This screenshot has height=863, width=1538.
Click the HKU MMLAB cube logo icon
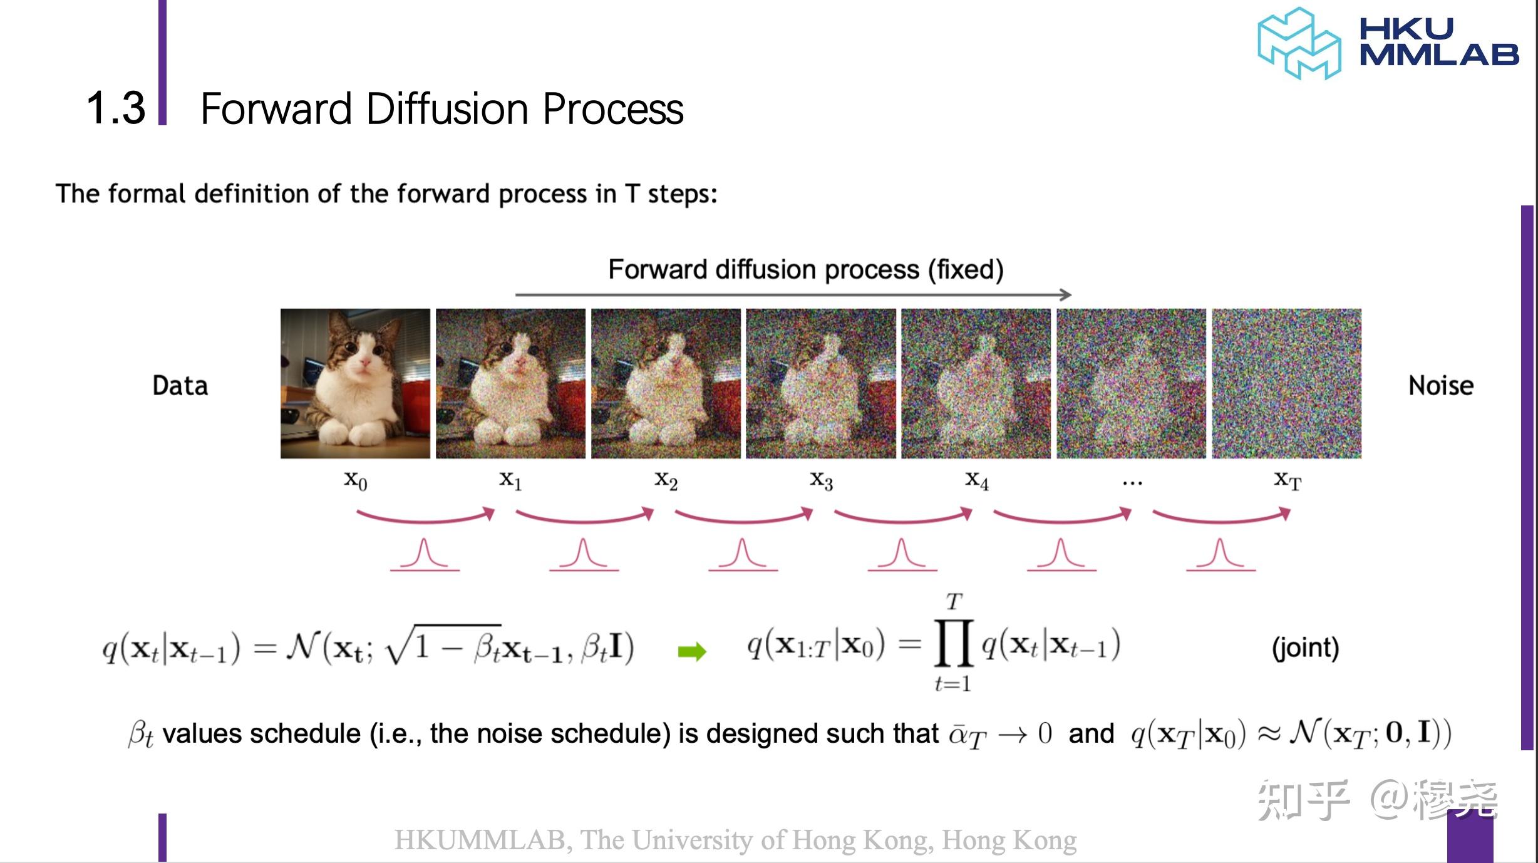[1299, 44]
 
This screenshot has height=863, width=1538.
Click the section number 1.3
[116, 108]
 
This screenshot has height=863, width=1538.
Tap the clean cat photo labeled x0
[355, 383]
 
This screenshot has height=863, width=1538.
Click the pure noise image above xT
[1286, 383]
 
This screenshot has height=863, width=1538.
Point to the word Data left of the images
[180, 386]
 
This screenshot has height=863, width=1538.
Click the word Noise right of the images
[1441, 386]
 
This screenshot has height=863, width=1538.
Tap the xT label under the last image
[1288, 481]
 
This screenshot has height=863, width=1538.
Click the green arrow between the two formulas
[692, 652]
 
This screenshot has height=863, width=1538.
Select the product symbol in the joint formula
[953, 643]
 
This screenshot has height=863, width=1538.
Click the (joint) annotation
[1305, 648]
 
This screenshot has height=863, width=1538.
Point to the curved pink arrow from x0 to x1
[425, 517]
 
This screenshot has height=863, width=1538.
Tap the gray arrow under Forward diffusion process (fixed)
[793, 294]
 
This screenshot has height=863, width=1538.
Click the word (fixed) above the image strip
[966, 270]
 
